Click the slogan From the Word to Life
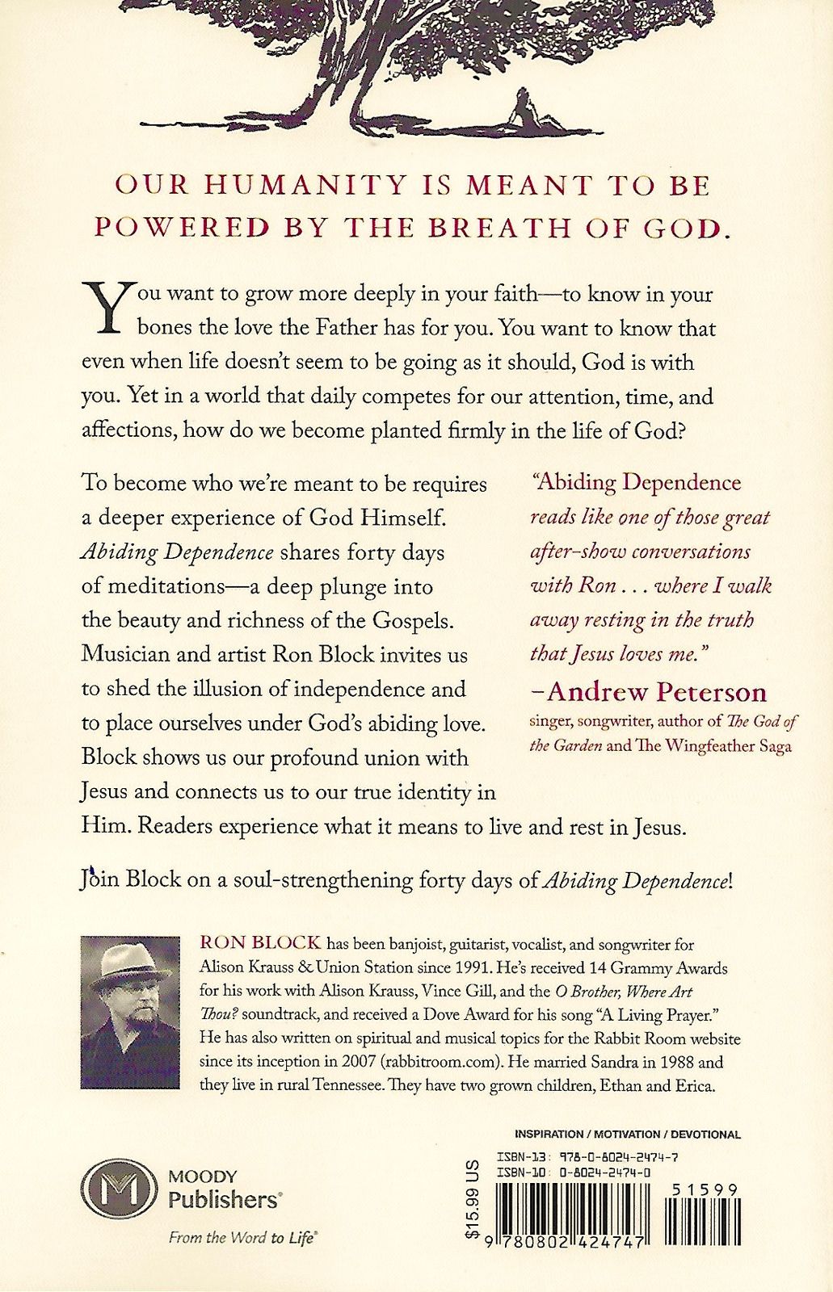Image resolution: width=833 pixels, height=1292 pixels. coord(241,1237)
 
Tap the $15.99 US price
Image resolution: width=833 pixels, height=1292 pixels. coord(473,1198)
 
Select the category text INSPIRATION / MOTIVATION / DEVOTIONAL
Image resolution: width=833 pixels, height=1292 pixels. coord(628,1135)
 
